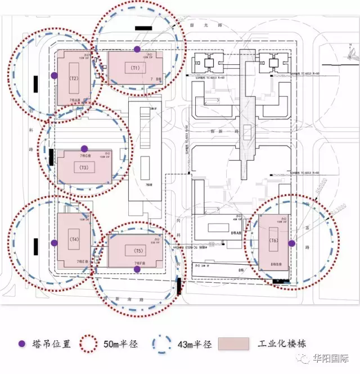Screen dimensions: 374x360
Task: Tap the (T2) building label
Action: coord(73,78)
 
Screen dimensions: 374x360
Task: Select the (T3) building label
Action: coord(84,168)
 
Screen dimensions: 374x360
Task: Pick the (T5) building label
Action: coord(136,250)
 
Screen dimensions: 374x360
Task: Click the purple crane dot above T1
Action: coord(137,50)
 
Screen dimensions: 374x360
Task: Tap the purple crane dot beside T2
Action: coord(54,75)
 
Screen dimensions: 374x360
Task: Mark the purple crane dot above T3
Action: coord(84,148)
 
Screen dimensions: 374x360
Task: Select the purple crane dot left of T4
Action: coord(54,243)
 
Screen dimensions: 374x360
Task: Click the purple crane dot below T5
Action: coord(137,269)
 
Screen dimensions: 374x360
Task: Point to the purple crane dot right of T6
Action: coord(291,243)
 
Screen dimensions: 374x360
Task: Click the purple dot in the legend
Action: coord(22,344)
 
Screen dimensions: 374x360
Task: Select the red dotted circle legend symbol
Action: coord(88,344)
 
